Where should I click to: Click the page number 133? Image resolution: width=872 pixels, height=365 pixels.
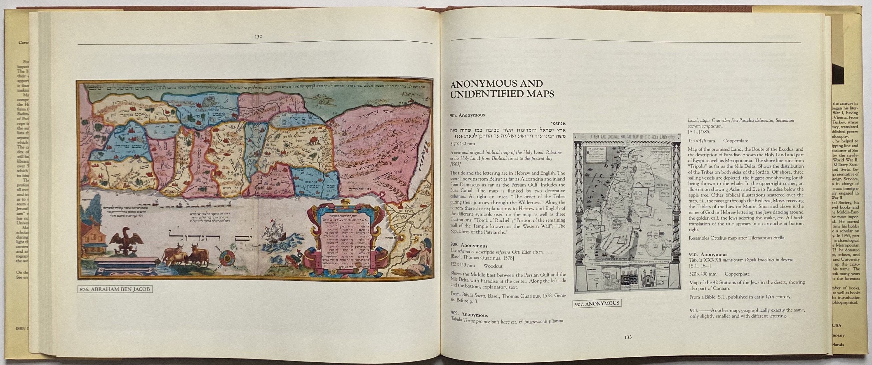pyautogui.click(x=628, y=337)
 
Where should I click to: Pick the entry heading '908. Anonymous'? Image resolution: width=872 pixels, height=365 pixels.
pyautogui.click(x=469, y=245)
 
